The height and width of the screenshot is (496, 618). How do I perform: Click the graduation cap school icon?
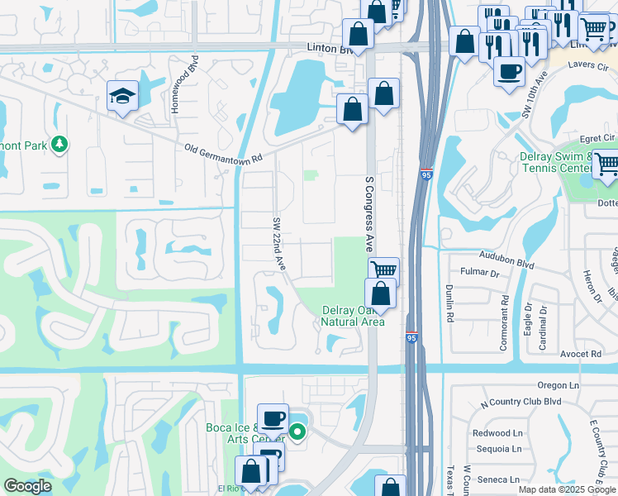click(122, 96)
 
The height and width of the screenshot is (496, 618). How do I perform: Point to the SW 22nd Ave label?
click(278, 245)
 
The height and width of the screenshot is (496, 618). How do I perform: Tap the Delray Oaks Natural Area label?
click(353, 316)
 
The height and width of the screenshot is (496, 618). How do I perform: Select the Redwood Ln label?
click(497, 433)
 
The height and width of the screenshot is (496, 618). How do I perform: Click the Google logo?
click(27, 486)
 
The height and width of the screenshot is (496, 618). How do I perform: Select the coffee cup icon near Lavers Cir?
click(509, 70)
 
